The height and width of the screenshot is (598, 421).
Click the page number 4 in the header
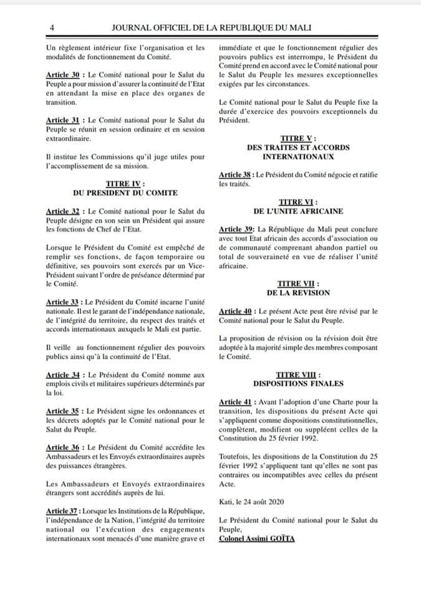point(52,28)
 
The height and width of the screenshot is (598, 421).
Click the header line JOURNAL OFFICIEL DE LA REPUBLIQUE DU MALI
point(211,28)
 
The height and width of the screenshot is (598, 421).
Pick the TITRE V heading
point(298,138)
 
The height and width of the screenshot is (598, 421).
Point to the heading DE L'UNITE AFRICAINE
point(298,211)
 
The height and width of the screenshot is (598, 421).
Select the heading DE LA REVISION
point(298,292)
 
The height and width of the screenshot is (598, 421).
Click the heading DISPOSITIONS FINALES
point(298,383)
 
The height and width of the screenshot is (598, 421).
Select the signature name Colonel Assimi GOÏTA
point(257,538)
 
